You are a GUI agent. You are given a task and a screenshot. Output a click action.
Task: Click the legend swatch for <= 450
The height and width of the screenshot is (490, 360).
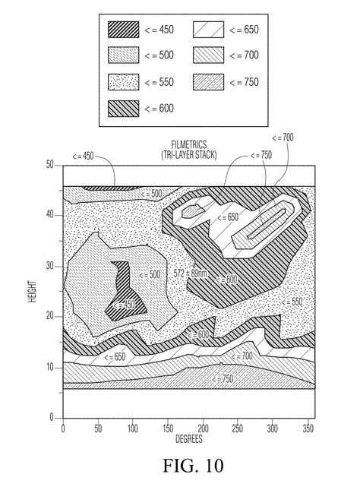124,30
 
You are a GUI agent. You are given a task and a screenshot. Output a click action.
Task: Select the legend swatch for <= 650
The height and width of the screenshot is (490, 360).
208,30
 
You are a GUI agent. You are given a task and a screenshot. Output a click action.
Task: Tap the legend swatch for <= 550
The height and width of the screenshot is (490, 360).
124,82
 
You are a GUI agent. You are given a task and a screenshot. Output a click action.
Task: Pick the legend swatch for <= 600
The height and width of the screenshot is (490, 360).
124,109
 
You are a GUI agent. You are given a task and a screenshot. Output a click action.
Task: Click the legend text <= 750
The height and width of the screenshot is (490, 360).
244,82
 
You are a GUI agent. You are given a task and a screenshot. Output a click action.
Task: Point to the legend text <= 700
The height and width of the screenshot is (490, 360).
244,55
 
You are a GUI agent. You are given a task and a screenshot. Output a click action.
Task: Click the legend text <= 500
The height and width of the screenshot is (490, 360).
159,55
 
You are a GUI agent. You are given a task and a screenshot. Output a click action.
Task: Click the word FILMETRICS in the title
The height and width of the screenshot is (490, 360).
189,144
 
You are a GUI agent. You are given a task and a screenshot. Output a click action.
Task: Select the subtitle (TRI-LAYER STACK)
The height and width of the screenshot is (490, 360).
189,155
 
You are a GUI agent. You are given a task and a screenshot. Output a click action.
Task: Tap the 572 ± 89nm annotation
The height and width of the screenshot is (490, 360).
191,273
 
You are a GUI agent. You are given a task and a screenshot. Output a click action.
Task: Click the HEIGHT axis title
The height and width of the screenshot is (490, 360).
33,291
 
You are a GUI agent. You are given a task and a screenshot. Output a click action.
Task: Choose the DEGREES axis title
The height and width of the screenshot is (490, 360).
189,439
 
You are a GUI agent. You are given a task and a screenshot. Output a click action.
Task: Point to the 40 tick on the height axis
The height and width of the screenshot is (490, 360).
50,215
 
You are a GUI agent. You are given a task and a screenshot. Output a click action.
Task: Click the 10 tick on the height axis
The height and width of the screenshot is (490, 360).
50,367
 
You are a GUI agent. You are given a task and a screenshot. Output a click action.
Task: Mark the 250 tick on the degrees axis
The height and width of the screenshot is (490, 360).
238,428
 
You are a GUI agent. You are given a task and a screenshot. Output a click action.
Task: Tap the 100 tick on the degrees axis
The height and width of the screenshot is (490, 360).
132,428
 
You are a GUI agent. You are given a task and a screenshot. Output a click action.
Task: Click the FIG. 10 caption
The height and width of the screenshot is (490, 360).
193,466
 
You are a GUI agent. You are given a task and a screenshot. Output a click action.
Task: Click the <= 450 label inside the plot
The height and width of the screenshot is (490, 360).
124,305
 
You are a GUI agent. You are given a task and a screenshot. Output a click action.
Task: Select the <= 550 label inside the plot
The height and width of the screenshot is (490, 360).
292,302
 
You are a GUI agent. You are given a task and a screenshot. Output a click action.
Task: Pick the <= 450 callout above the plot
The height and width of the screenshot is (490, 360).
83,156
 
